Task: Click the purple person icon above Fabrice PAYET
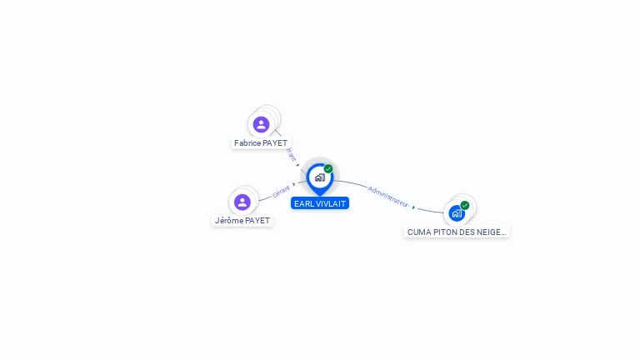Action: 261,124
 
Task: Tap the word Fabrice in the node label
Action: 247,143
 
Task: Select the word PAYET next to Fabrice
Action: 275,143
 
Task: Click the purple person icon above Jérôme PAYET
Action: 242,202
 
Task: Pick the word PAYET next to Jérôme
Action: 257,221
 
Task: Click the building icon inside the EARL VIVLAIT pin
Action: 319,177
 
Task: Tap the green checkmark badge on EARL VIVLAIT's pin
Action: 328,169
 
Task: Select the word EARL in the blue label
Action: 302,203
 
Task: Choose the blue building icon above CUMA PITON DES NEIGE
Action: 456,213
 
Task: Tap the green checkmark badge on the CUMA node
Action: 465,205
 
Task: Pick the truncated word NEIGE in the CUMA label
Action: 494,232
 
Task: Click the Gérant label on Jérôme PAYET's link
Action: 281,192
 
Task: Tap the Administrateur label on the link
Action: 387,196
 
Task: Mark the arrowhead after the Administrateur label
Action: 413,207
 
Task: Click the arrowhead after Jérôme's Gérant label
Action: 294,184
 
